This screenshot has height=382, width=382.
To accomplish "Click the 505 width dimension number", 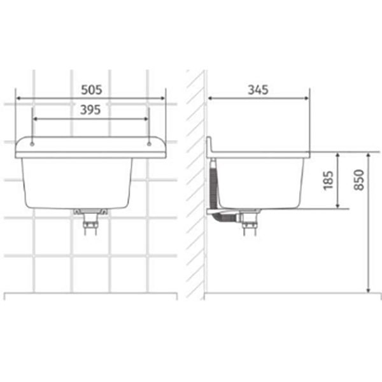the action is click(91, 90).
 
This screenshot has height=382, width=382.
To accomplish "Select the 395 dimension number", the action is click(90, 110).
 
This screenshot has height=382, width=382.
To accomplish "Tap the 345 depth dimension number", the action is click(258, 90).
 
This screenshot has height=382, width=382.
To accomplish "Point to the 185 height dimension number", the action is click(328, 180).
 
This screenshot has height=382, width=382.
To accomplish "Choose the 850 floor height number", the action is click(359, 180).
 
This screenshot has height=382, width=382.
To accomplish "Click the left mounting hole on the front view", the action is click(32, 145).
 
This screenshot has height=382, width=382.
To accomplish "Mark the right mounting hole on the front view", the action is click(149, 145).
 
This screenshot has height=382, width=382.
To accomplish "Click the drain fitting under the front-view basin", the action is click(90, 221).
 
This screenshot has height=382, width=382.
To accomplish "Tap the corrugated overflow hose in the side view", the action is click(213, 185).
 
